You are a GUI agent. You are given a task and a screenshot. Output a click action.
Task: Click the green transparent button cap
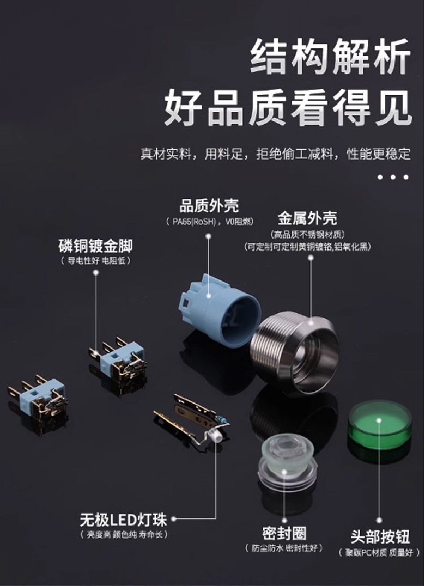click(380, 425)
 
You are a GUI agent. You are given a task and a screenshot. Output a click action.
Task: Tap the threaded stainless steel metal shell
click(295, 353)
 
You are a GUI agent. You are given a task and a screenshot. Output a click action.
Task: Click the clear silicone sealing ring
click(287, 462)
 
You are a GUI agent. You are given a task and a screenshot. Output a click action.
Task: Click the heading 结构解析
click(331, 57)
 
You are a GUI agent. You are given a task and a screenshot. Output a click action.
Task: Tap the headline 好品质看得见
click(288, 108)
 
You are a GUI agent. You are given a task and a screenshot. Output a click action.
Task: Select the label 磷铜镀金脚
click(96, 246)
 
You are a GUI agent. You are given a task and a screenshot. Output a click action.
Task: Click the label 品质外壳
click(209, 206)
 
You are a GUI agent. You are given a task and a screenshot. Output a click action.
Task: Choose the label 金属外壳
click(307, 218)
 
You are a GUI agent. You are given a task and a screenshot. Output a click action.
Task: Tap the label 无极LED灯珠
click(123, 520)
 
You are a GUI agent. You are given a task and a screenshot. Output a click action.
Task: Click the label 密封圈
click(284, 533)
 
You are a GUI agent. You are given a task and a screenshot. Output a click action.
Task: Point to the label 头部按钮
click(380, 536)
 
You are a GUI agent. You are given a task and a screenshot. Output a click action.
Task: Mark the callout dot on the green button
click(379, 421)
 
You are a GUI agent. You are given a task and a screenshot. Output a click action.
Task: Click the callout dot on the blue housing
click(209, 295)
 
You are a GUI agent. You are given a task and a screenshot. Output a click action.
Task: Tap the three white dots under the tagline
click(392, 177)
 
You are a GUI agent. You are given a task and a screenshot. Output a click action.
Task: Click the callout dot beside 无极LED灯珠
click(173, 518)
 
